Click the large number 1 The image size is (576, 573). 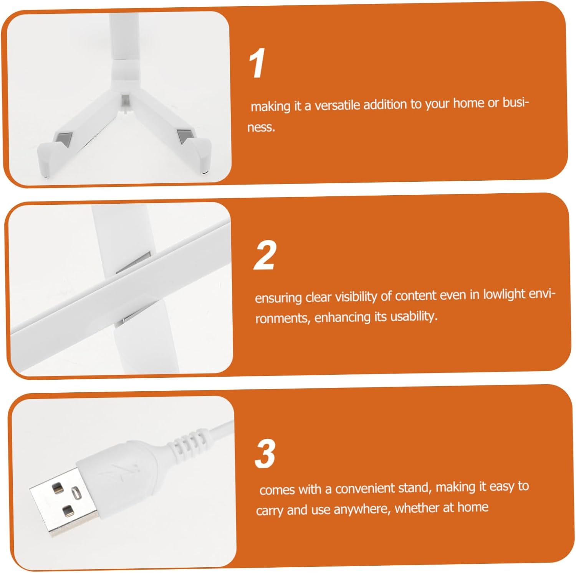point(257,63)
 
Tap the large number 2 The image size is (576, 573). point(265,255)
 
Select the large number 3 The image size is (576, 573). point(265,453)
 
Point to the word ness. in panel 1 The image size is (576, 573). point(261,127)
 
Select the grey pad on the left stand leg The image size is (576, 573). point(63,139)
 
